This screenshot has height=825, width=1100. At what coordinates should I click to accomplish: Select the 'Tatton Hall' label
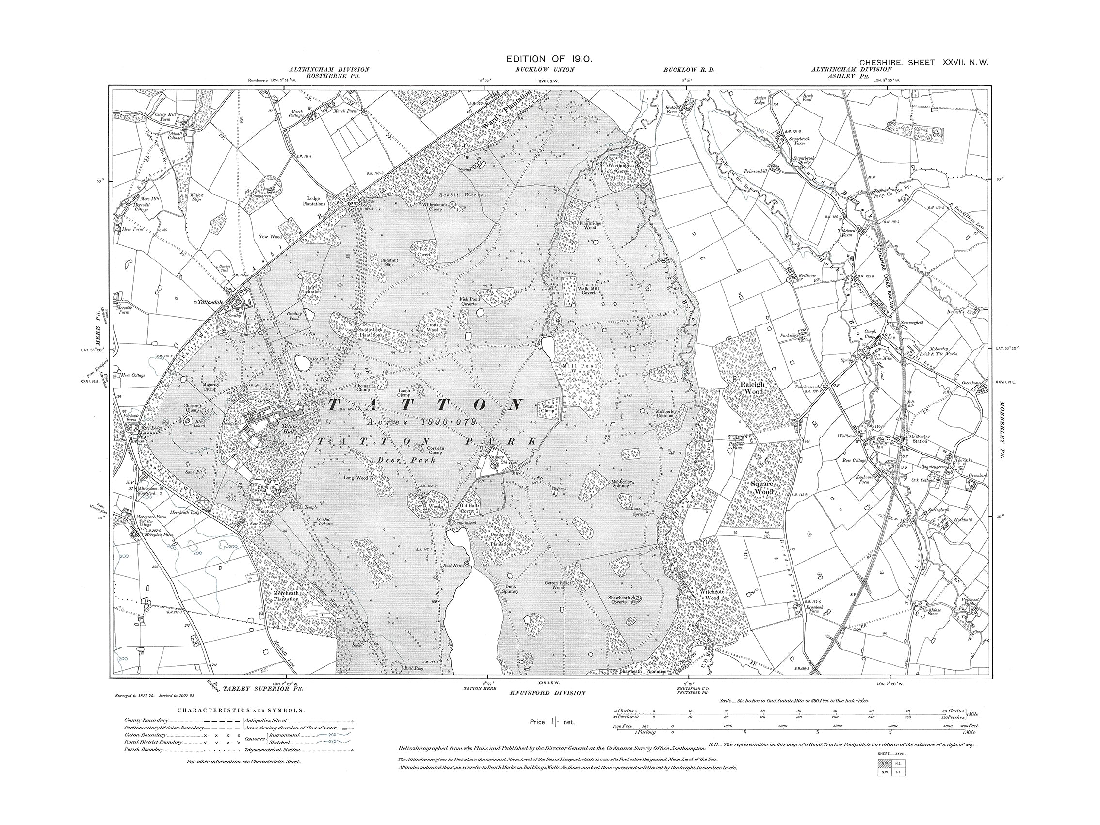point(290,430)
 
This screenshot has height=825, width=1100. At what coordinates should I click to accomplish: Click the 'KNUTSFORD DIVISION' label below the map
point(548,692)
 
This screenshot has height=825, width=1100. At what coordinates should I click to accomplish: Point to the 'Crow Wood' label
point(424,506)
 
